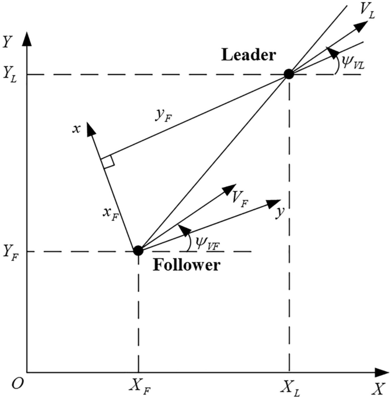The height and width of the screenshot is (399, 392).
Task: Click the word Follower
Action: [186, 266]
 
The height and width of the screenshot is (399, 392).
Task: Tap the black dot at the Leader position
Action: [288, 74]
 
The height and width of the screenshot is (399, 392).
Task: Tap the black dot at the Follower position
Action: [138, 251]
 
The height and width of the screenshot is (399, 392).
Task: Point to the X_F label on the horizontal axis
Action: [138, 387]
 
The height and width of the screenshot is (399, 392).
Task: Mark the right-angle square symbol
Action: [107, 163]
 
